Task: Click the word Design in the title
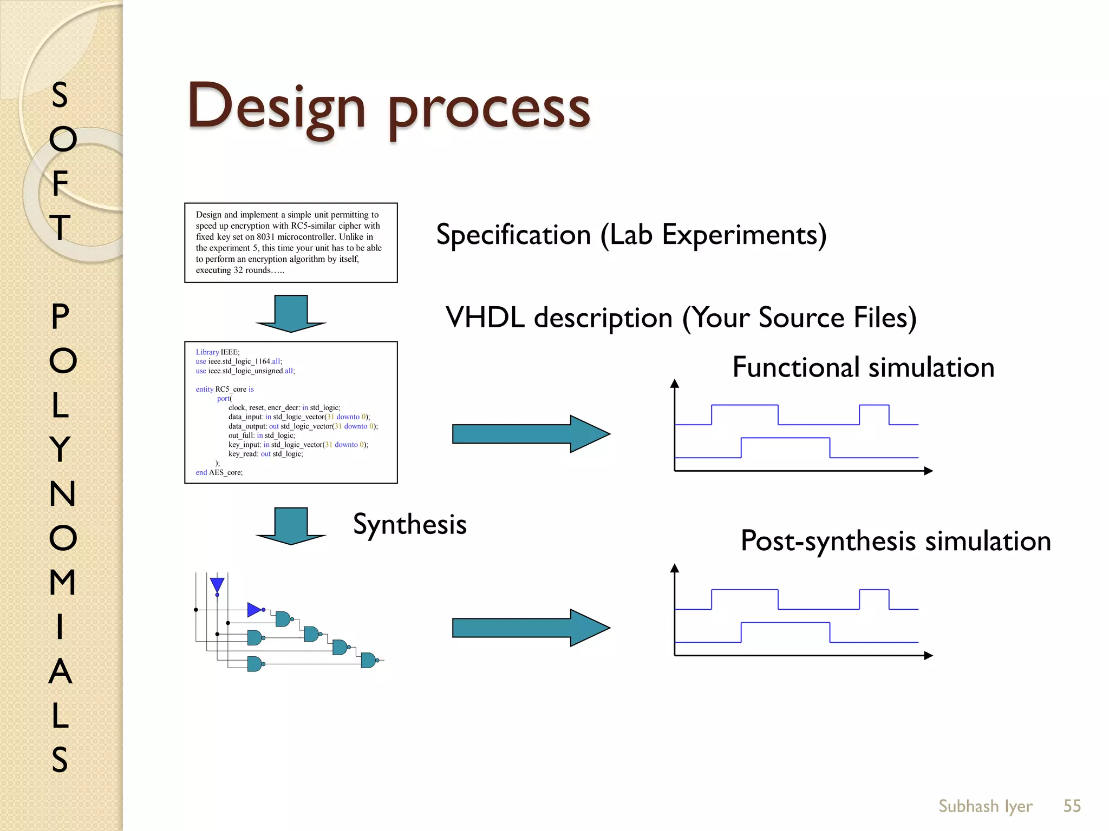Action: (276, 107)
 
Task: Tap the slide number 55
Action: (1072, 806)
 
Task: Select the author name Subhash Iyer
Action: (985, 806)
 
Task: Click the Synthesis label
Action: (409, 524)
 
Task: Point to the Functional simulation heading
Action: (863, 367)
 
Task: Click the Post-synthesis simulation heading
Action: (896, 541)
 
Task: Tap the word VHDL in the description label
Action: (485, 318)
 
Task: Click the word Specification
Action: (513, 235)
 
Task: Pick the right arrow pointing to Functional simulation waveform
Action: (531, 434)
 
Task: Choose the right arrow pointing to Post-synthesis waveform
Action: (531, 628)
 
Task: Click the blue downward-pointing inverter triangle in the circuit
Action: (217, 584)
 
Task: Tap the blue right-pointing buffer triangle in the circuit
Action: (254, 610)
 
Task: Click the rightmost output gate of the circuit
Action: (368, 660)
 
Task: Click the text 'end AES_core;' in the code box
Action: (219, 472)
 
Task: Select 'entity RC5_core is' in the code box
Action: (225, 389)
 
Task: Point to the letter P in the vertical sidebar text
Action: (60, 316)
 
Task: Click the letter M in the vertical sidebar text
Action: (62, 582)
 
